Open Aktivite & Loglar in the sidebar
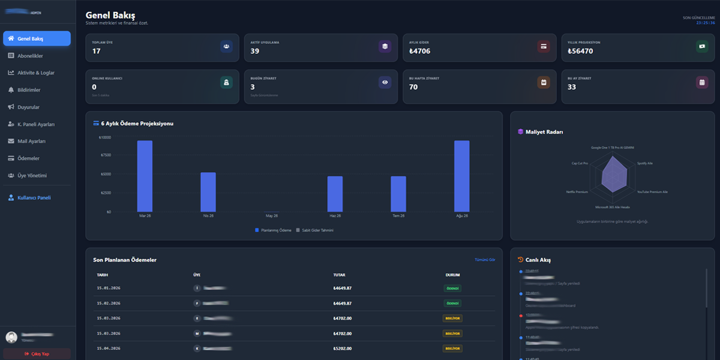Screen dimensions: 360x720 coord(36,73)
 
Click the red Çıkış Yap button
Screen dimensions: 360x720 coord(37,354)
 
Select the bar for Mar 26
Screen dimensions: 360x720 coord(145,176)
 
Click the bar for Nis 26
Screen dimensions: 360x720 coord(208,192)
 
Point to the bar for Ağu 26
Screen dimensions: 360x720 coord(461,176)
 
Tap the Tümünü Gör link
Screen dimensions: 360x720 coord(485,260)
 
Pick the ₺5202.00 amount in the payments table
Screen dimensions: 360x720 coord(342,348)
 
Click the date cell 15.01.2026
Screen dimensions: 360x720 coord(109,288)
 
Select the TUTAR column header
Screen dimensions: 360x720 coord(339,275)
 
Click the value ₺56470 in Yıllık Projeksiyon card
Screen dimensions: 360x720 coord(580,51)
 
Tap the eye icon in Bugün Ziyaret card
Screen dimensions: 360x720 coord(385,82)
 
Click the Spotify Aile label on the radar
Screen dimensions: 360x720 coord(645,163)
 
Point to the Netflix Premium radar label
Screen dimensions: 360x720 coord(577,192)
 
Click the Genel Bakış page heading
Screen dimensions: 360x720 coord(110,15)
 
